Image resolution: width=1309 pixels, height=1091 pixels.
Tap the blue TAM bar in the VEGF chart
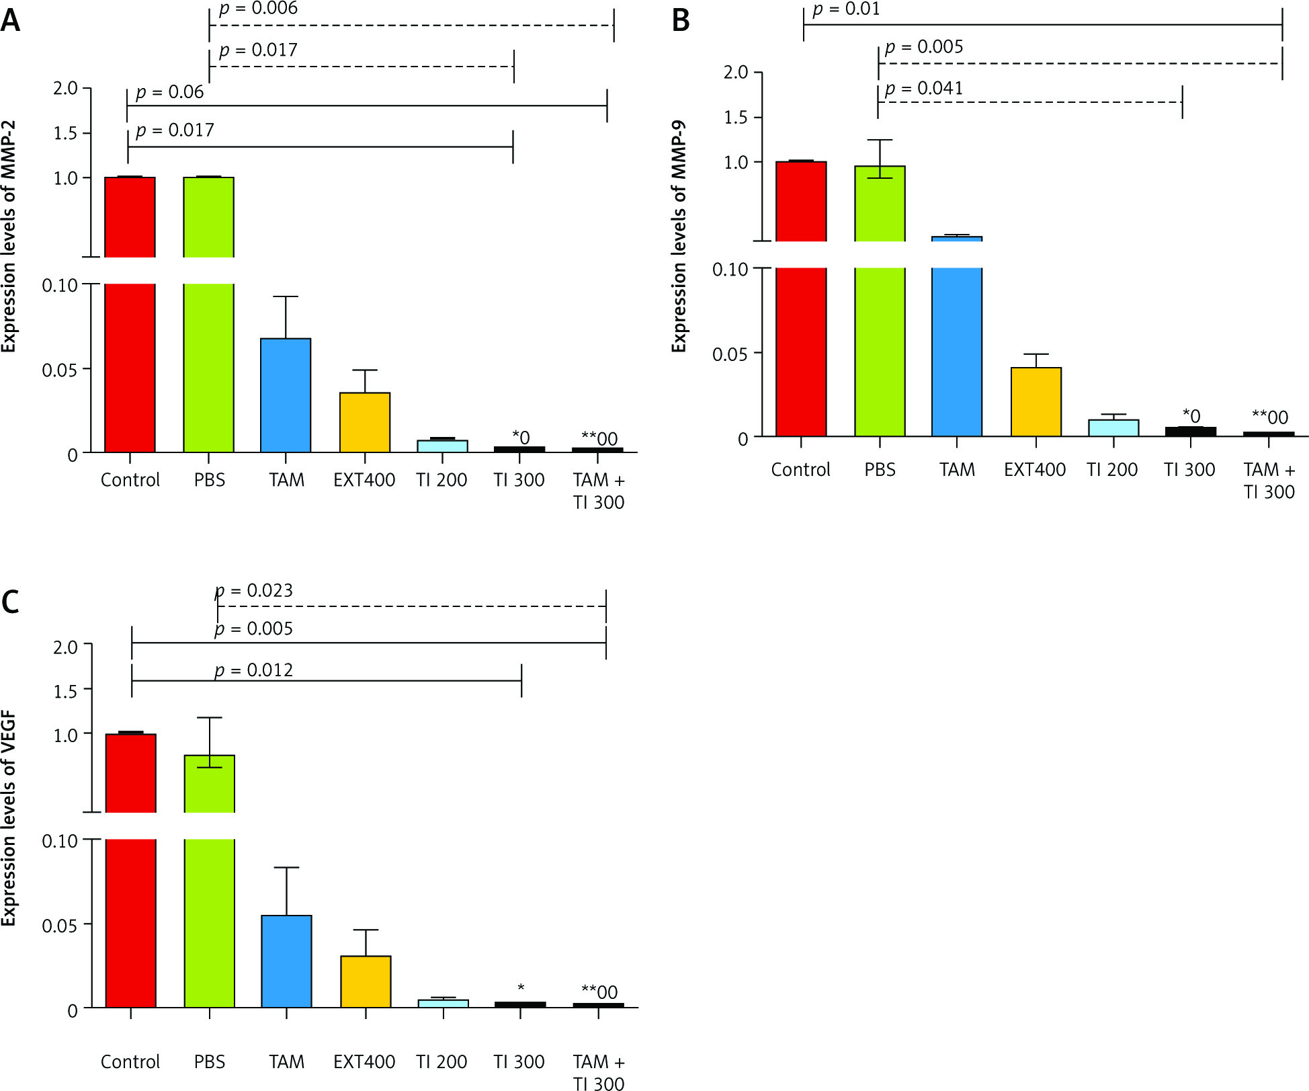[286, 961]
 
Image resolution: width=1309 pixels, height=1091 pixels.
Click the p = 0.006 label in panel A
[258, 9]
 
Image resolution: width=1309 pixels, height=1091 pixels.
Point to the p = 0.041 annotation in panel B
[924, 88]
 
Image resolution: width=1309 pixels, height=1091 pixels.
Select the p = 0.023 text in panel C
[254, 590]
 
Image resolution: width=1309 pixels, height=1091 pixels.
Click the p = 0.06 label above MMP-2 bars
[169, 92]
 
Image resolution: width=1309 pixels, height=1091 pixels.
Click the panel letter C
[10, 602]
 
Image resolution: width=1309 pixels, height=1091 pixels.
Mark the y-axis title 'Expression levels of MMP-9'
[679, 236]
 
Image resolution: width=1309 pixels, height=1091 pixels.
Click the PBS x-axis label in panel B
[880, 469]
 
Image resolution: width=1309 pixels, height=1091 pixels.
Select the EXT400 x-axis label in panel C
[364, 1061]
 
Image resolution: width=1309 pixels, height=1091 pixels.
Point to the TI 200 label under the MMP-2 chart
[441, 480]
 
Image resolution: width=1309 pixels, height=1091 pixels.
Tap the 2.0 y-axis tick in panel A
[65, 88]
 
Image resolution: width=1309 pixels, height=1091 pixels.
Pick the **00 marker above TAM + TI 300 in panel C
[599, 992]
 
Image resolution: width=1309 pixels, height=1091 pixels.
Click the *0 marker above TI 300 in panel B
[1191, 416]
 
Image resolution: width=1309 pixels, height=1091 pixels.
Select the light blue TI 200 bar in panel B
[1113, 428]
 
